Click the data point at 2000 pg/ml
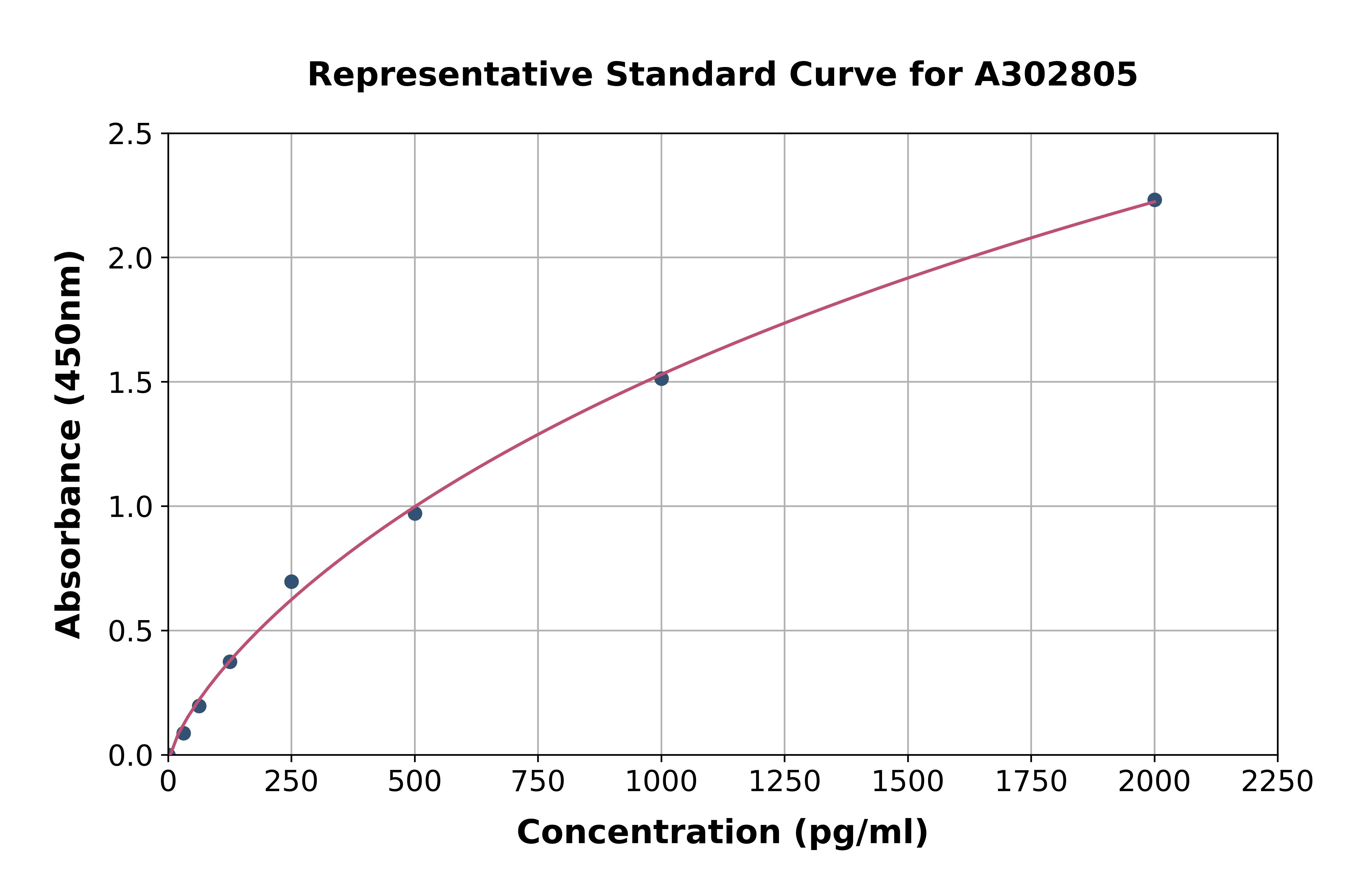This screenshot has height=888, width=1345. click(1154, 200)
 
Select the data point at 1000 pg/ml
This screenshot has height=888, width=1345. click(661, 378)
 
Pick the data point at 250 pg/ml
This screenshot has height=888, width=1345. click(291, 582)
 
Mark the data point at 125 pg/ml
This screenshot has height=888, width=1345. click(230, 661)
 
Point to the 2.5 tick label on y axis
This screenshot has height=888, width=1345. click(130, 135)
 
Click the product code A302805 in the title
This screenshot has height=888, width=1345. click(1056, 75)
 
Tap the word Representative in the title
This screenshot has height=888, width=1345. click(450, 75)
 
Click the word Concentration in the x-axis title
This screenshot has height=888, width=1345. click(649, 832)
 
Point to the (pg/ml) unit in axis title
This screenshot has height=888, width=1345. click(861, 832)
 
